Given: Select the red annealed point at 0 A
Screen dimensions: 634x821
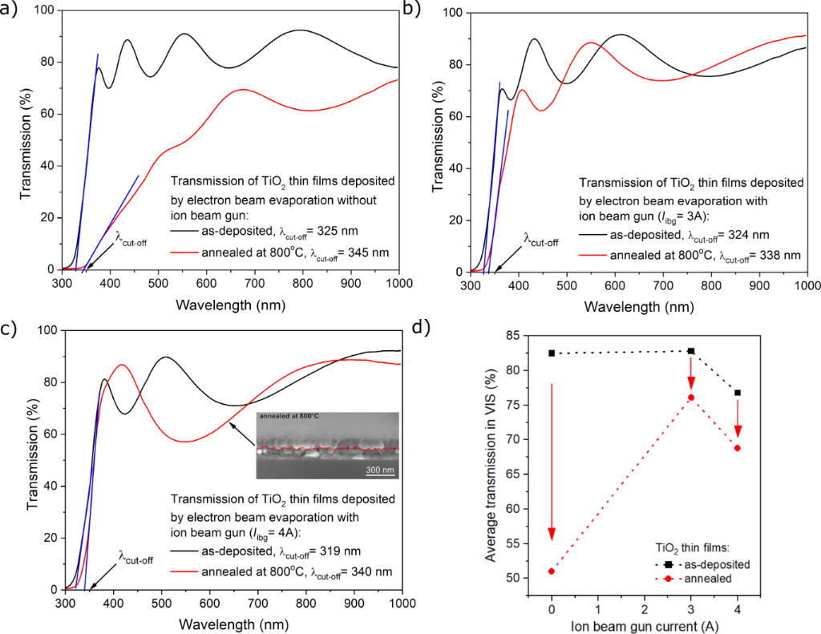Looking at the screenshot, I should (552, 571).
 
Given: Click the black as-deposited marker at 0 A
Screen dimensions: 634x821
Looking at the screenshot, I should (552, 353).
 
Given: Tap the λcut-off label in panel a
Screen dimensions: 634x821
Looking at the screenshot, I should (134, 237).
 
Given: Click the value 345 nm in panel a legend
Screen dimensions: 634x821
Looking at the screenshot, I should (370, 252).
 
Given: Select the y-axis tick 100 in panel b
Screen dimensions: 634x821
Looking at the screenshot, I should (460, 13).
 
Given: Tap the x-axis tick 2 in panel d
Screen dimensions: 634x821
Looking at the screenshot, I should (645, 604).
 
